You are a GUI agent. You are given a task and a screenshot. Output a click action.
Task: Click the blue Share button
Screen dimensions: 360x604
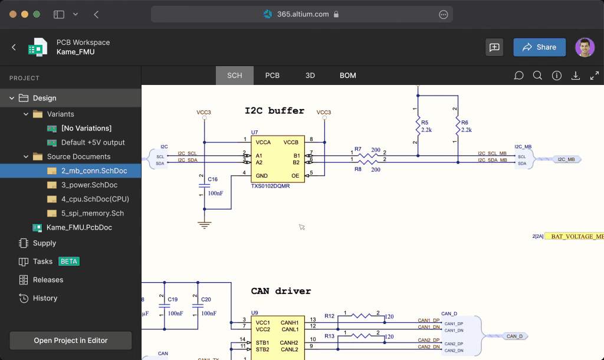539,47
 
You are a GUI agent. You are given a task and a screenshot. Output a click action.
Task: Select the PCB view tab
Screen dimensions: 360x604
272,76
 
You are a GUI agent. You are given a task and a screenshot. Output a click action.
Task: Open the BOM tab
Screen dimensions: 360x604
347,76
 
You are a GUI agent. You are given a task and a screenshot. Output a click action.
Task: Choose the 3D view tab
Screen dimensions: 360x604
310,76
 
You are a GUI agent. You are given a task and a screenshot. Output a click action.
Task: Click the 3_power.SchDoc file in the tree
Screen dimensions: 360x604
89,185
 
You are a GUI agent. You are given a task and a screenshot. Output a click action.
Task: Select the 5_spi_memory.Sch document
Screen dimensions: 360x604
92,213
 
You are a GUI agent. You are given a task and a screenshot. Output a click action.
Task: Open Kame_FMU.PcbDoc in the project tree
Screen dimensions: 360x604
79,227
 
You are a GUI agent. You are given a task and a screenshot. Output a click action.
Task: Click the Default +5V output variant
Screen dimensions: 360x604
93,142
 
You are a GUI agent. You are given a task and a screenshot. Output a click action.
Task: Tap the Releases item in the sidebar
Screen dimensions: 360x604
48,280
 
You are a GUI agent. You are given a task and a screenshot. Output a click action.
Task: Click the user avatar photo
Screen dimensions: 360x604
585,47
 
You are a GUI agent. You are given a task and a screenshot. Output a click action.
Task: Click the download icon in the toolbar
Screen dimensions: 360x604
575,76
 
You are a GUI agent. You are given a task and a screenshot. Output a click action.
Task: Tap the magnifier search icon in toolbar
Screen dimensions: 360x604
537,76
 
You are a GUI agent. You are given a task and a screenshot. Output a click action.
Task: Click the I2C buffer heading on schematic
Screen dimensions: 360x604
274,111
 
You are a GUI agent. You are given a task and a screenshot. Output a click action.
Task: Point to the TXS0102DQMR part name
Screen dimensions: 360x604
270,186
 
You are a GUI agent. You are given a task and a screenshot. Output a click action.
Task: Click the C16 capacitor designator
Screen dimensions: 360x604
212,179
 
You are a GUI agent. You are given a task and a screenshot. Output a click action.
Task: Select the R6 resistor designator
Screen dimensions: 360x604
464,122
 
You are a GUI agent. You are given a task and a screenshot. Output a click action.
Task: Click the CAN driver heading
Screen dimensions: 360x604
281,291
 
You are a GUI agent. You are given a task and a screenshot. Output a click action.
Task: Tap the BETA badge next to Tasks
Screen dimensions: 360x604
69,261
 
